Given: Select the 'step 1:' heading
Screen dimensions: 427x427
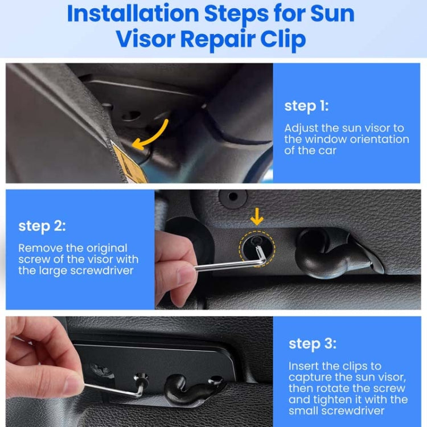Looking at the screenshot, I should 306,106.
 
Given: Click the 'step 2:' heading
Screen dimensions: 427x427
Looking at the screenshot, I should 42,226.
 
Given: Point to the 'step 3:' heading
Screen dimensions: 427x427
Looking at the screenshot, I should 312,344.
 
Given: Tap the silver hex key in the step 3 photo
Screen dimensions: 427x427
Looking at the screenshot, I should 117,389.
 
